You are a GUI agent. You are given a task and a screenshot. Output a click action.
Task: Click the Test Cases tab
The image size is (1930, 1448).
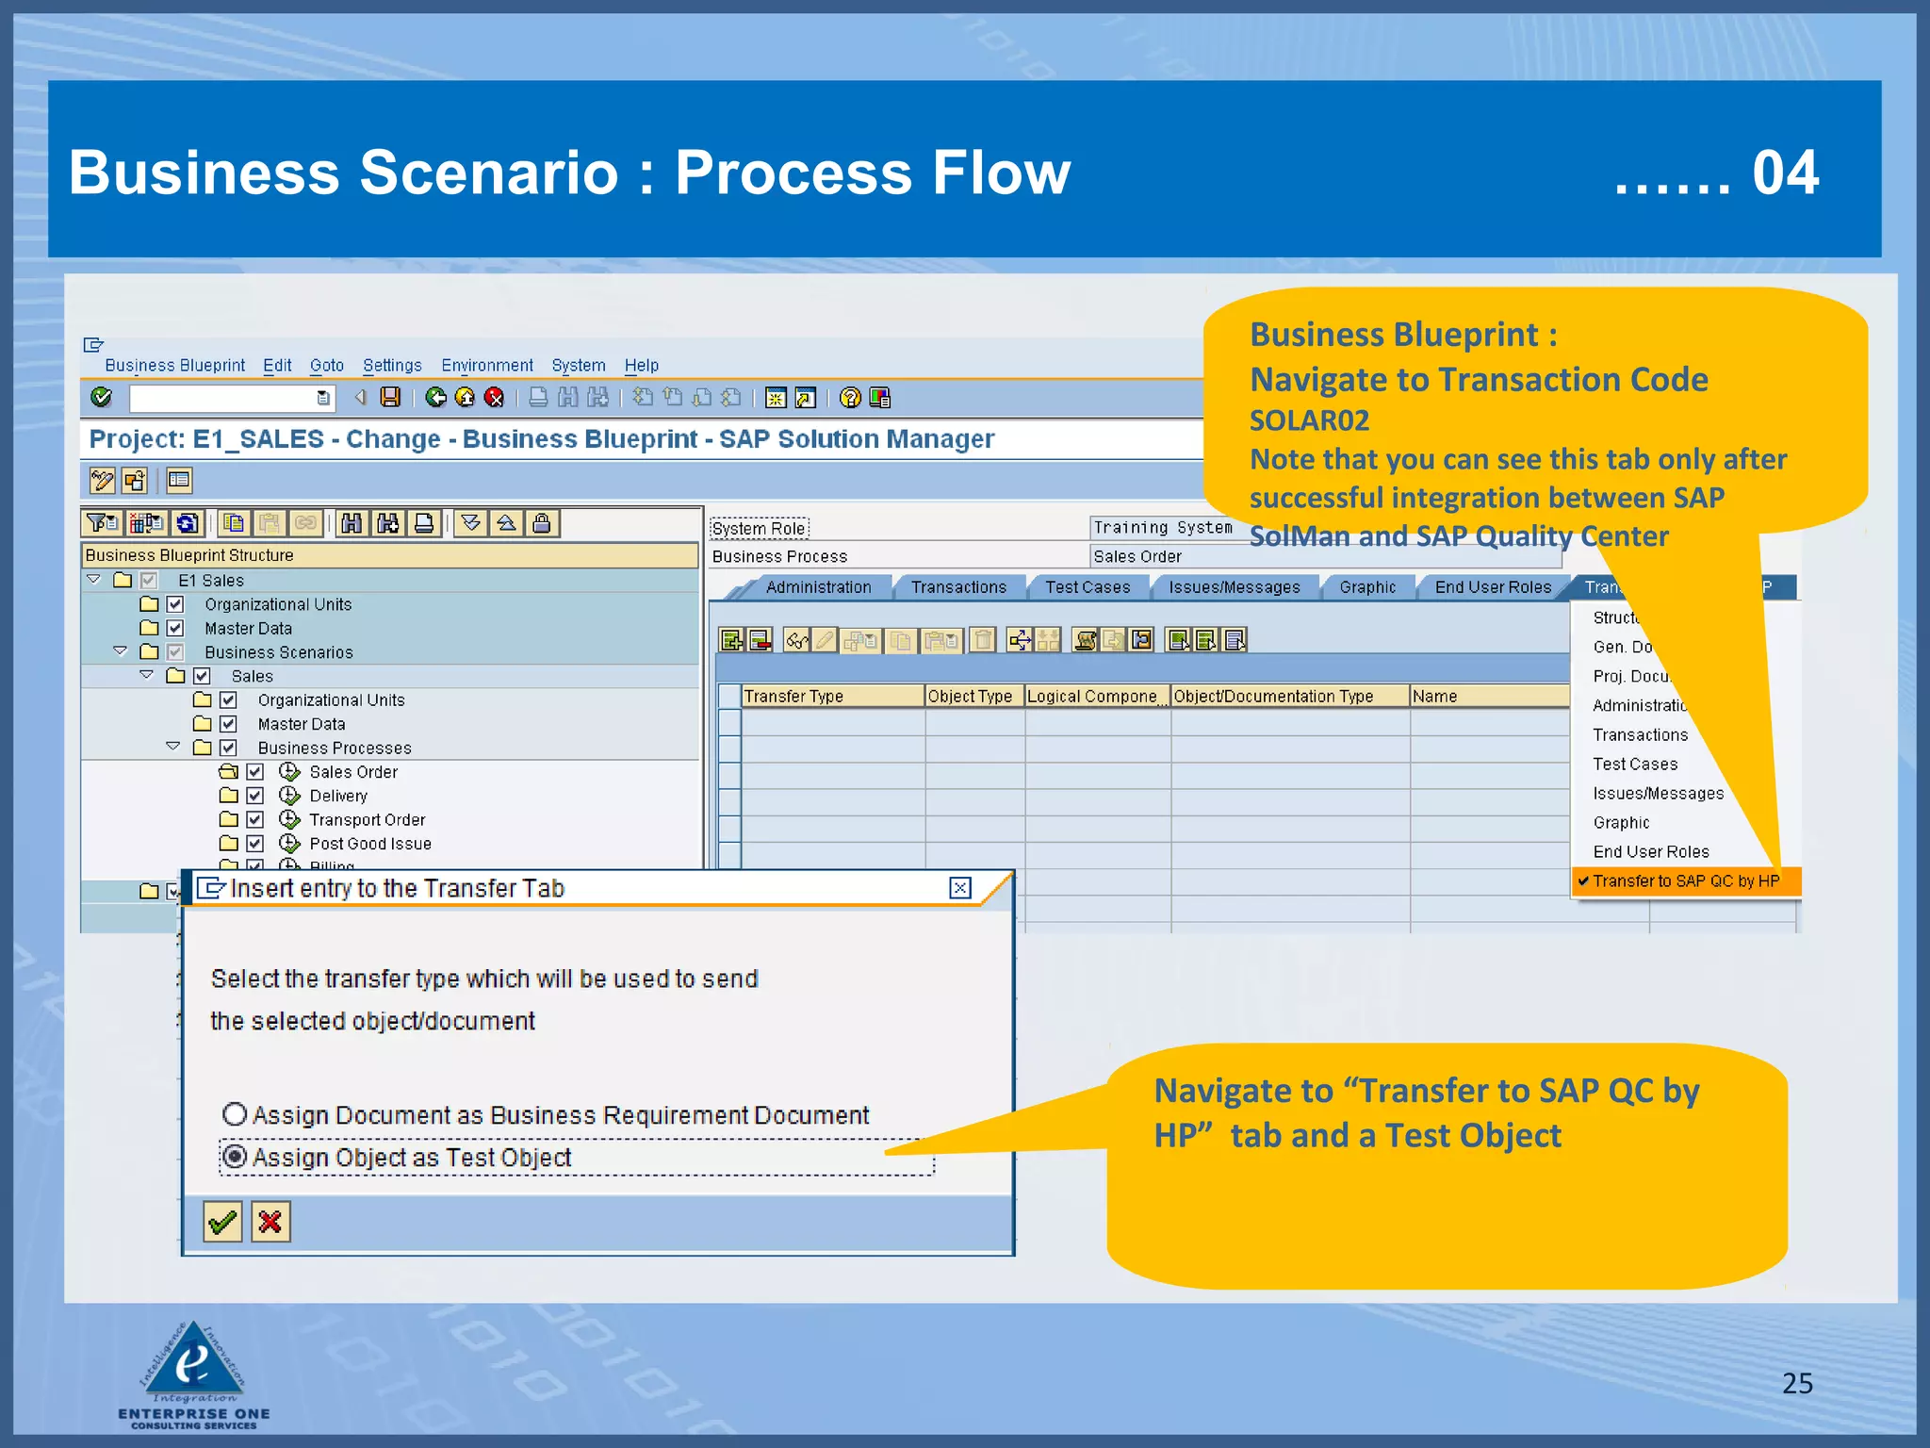tap(1087, 587)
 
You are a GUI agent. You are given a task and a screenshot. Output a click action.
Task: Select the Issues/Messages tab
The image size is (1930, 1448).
tap(1234, 587)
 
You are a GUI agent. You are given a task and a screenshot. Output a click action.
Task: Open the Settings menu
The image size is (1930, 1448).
tap(392, 365)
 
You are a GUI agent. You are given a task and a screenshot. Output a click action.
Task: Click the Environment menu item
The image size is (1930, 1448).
tap(486, 365)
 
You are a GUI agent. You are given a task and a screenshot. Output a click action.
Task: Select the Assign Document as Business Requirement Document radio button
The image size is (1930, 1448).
tap(235, 1114)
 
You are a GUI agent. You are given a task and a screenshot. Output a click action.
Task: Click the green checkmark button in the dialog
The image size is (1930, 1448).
tap(222, 1222)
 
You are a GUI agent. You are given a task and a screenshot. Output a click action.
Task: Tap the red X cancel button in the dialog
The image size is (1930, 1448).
tap(270, 1222)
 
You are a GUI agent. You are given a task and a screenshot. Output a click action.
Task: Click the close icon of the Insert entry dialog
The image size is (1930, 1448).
tap(959, 888)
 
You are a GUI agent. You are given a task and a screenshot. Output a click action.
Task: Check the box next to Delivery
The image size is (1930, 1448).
tap(254, 796)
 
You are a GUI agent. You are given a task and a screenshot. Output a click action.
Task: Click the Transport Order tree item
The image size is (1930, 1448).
tap(367, 820)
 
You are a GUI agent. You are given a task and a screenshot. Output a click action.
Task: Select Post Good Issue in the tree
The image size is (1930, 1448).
tap(369, 844)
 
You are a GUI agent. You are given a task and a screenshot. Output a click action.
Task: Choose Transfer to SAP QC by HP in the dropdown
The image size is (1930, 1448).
tap(1685, 880)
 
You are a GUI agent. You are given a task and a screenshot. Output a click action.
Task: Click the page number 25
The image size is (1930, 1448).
tap(1797, 1383)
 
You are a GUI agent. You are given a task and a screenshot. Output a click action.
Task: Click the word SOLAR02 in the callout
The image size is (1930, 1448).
tap(1309, 420)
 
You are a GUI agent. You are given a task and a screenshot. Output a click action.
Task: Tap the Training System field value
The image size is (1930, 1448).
tap(1162, 528)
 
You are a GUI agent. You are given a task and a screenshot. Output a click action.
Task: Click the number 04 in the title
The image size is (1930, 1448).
tap(1785, 173)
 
